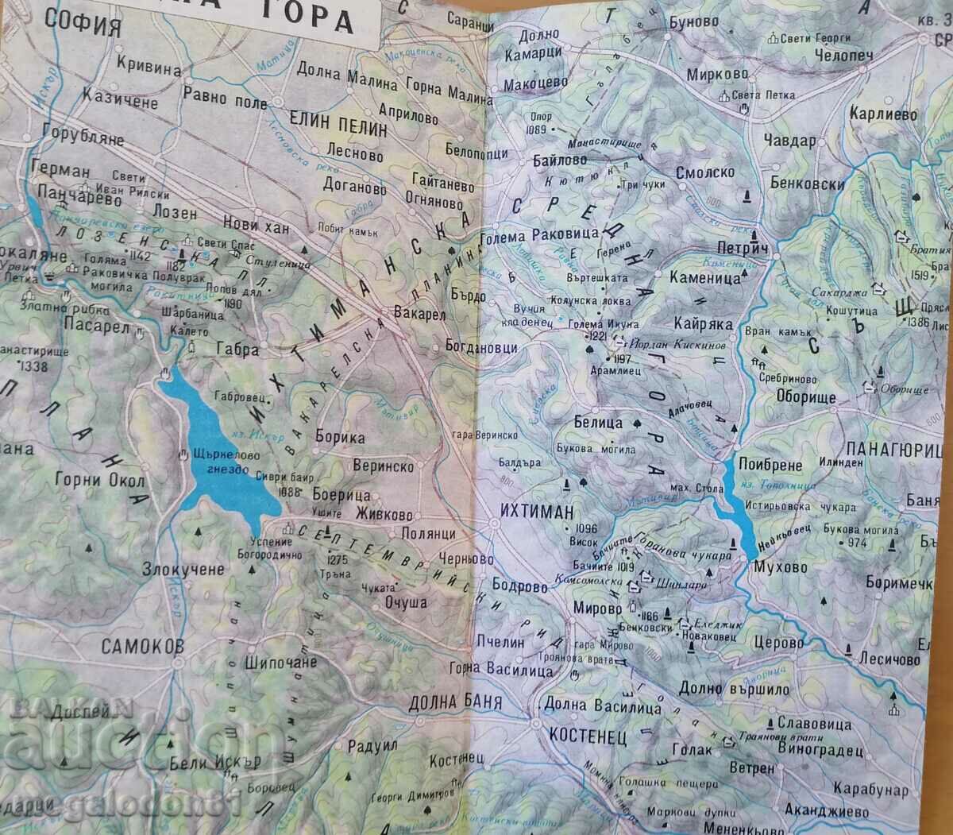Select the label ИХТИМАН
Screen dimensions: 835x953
point(537,513)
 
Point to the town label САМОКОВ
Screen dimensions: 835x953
point(142,646)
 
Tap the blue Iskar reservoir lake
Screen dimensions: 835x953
point(214,453)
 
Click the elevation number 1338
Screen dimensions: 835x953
point(32,366)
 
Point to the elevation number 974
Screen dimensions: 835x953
point(857,543)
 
